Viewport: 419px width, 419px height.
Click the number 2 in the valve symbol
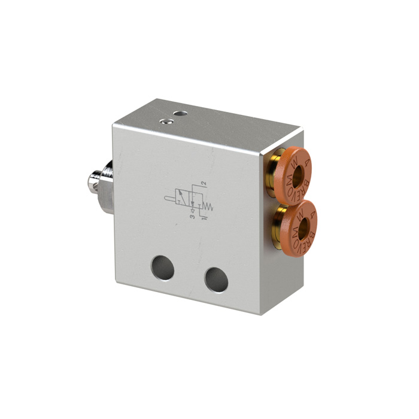point(204,182)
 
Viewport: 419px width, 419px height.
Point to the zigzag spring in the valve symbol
point(208,207)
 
